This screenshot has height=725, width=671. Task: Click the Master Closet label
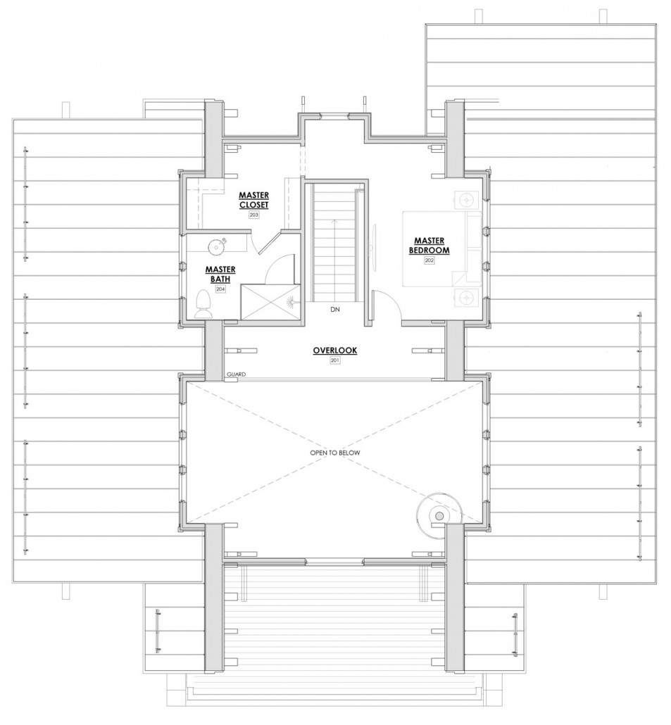click(254, 200)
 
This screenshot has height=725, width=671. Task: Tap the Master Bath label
click(220, 275)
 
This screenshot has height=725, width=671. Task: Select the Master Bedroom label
click(429, 246)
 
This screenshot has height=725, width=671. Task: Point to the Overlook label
click(335, 351)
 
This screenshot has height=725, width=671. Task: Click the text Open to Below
click(335, 453)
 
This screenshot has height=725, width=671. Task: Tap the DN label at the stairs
click(335, 309)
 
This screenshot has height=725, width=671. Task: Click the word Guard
click(237, 374)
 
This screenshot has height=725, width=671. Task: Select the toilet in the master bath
click(203, 304)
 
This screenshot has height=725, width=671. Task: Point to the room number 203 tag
click(254, 215)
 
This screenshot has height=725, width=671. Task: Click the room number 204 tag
click(220, 289)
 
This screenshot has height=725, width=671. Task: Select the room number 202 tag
click(429, 260)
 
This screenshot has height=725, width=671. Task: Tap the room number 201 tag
click(335, 360)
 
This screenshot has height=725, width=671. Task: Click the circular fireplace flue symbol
click(439, 515)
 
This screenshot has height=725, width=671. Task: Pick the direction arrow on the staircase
click(334, 258)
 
